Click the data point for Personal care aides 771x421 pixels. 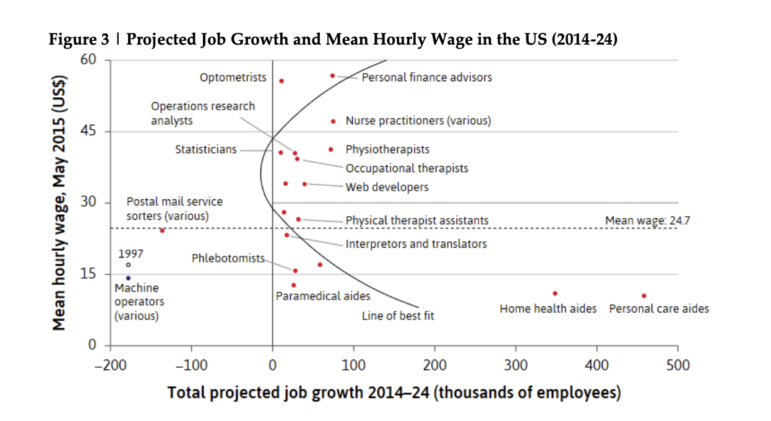[x=644, y=296]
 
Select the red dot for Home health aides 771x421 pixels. [x=555, y=293]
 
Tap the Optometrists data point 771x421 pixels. [x=282, y=81]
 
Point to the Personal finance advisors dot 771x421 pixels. [x=332, y=76]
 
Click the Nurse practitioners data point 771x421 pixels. [x=333, y=121]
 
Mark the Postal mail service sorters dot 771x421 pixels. [x=162, y=230]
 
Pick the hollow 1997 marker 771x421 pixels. [x=128, y=265]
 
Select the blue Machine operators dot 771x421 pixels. [x=128, y=278]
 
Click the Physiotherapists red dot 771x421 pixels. [x=331, y=149]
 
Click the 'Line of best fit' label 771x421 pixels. [x=398, y=316]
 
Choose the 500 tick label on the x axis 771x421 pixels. [x=678, y=365]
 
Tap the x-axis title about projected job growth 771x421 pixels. [x=394, y=393]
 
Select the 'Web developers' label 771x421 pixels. [x=387, y=187]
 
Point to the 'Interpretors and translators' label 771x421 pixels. [x=416, y=244]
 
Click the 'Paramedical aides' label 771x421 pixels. [x=323, y=296]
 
